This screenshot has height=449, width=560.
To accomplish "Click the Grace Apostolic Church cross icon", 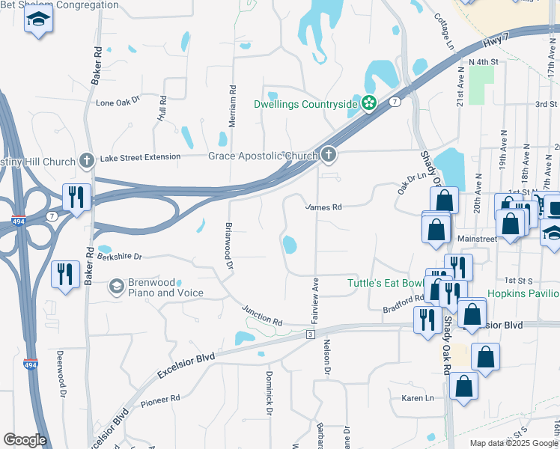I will click(328, 156).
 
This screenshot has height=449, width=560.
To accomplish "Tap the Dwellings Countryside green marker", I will click(368, 104).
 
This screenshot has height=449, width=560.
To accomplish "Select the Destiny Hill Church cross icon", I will click(87, 161).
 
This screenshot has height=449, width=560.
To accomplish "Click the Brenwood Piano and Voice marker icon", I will click(116, 287).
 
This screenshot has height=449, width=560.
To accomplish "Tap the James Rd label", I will click(323, 207).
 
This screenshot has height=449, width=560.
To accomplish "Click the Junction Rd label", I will click(262, 315).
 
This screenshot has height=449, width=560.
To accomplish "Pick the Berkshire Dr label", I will click(119, 256).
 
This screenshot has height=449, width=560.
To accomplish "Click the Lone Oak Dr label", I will click(118, 102).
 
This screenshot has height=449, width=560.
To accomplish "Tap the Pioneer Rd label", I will click(161, 400).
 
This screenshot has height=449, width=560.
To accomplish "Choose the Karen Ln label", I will click(418, 398).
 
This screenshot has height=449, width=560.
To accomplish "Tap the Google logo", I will click(25, 440).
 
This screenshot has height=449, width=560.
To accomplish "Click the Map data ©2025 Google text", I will click(513, 443).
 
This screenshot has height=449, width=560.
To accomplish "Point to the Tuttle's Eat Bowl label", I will click(386, 283).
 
